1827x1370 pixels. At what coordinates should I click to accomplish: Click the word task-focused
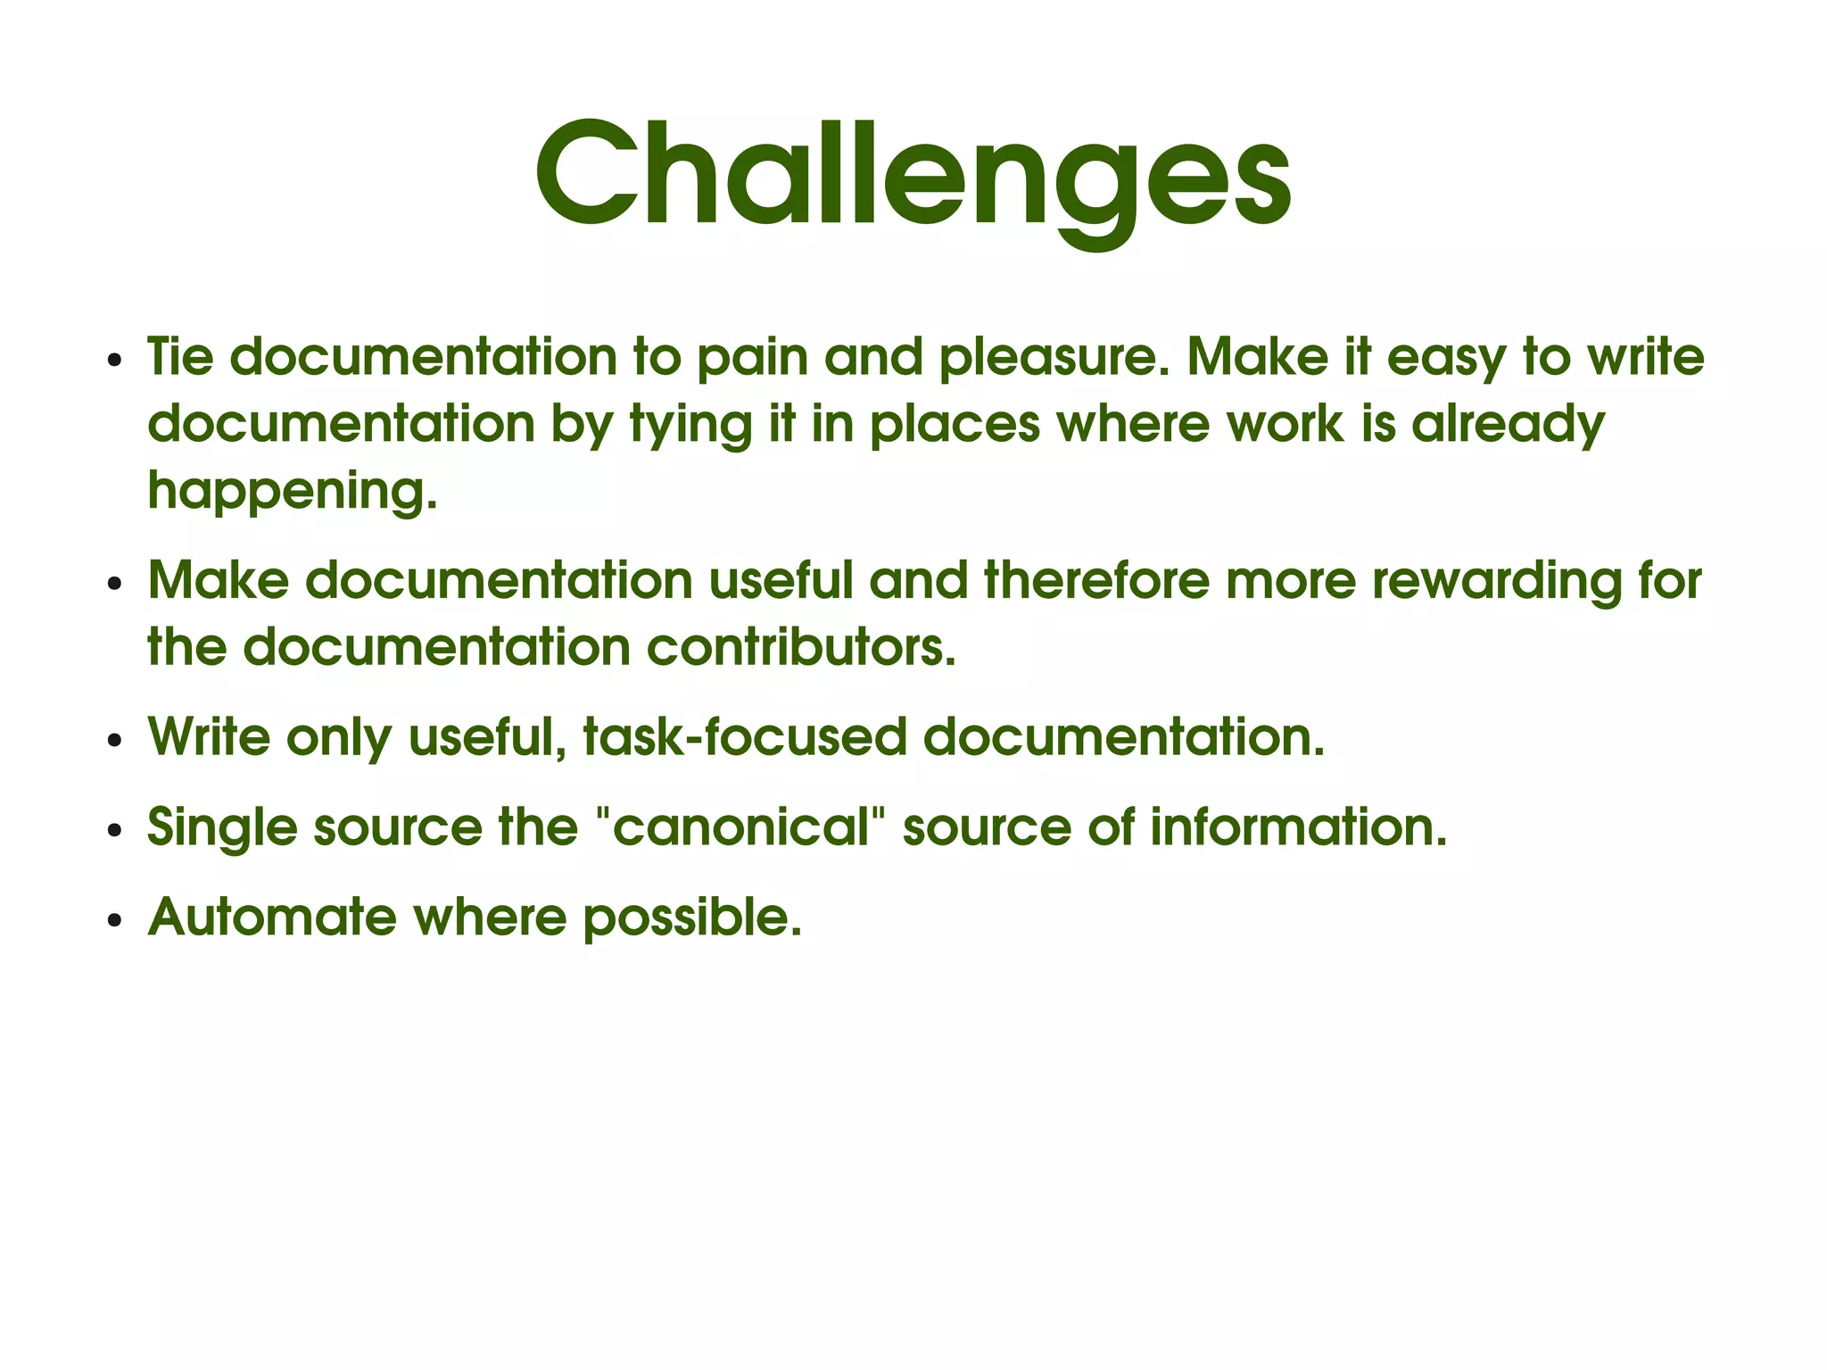pos(744,738)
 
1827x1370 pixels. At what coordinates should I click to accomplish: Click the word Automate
pos(271,917)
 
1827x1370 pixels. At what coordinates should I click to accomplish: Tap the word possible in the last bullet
pos(692,917)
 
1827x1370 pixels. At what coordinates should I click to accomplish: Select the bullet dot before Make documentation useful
pos(113,585)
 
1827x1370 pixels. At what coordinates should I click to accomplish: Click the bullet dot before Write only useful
pos(113,742)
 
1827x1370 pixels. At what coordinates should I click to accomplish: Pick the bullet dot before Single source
pos(113,831)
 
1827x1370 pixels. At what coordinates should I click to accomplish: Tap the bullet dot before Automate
pos(113,921)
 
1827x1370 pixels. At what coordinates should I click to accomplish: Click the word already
pos(1508,425)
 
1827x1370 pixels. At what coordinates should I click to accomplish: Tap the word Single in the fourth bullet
pos(222,827)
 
